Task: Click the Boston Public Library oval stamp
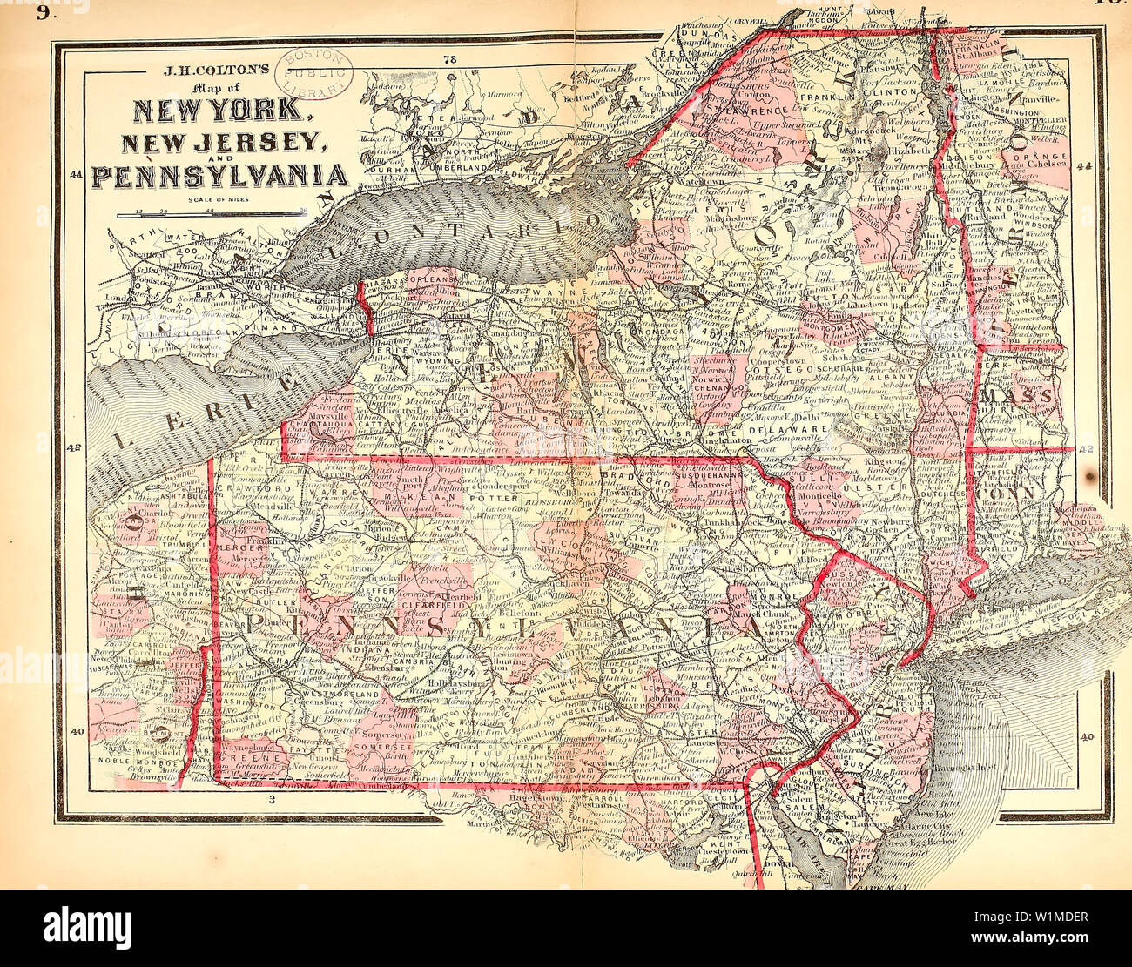click(314, 76)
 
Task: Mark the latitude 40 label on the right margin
click(1086, 736)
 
